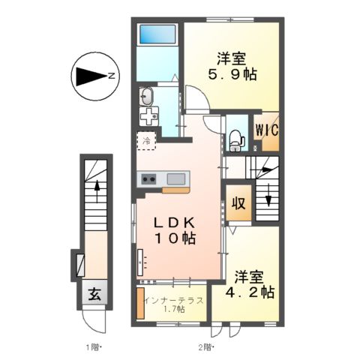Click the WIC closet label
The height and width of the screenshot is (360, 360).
267,130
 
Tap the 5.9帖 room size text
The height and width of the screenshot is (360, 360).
232,74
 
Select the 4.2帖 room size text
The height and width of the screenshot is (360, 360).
250,292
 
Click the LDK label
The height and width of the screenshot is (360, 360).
174,222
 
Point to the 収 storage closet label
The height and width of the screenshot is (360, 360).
238,203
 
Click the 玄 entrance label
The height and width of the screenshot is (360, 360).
95,294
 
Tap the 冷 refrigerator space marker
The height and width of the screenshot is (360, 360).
147,141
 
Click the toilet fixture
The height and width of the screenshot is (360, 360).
235,141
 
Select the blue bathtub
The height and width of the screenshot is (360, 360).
157,34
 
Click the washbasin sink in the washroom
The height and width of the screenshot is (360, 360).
145,96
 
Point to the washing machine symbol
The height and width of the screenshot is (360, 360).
148,116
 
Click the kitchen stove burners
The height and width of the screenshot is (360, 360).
148,179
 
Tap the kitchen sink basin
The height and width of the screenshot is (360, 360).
176,179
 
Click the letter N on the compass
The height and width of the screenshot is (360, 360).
112,76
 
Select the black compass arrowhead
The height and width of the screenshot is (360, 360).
91,76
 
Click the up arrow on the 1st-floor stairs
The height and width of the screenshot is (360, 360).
97,192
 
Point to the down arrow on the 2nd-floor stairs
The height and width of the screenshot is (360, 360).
268,195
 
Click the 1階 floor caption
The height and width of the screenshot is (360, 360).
93,347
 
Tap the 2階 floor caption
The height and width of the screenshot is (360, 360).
206,347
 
